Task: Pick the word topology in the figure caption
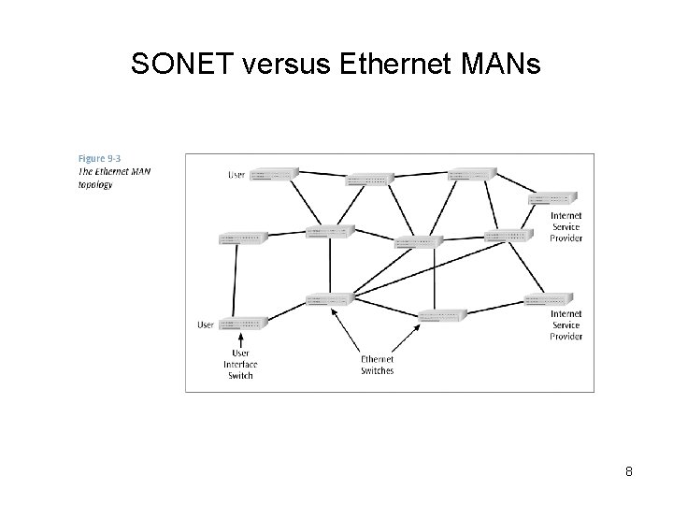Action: point(95,184)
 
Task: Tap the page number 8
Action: point(629,471)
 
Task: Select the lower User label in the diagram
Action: point(206,325)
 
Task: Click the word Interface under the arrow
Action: point(240,364)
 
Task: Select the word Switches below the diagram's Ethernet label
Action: point(377,370)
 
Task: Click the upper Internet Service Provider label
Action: point(566,227)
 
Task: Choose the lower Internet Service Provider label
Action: point(566,325)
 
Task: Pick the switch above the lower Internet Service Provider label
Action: point(549,299)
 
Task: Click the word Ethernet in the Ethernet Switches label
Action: point(377,359)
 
